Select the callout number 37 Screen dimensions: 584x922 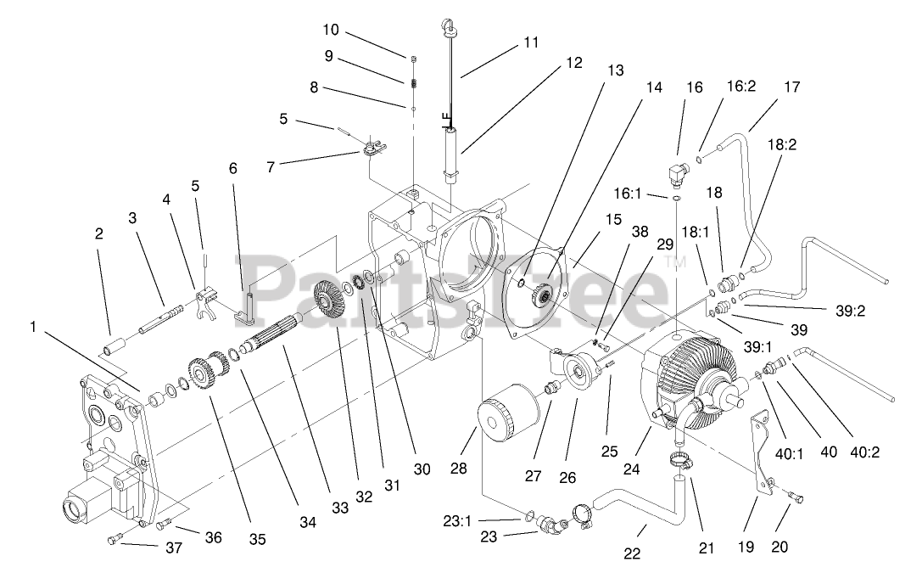pos(174,548)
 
